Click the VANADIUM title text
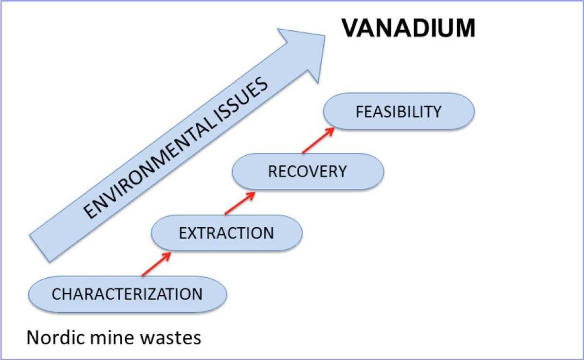pyautogui.click(x=408, y=28)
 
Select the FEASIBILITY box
pyautogui.click(x=399, y=111)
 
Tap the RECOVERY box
pyautogui.click(x=308, y=172)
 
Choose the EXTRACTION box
pyautogui.click(x=227, y=233)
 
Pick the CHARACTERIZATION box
pyautogui.click(x=128, y=294)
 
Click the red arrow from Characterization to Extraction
pyautogui.click(x=156, y=264)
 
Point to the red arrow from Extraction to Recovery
pyautogui.click(x=240, y=203)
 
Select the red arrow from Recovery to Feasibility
pyautogui.click(x=318, y=140)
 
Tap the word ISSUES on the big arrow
pyautogui.click(x=242, y=101)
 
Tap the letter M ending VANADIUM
pyautogui.click(x=465, y=28)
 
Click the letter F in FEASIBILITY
pyautogui.click(x=360, y=111)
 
